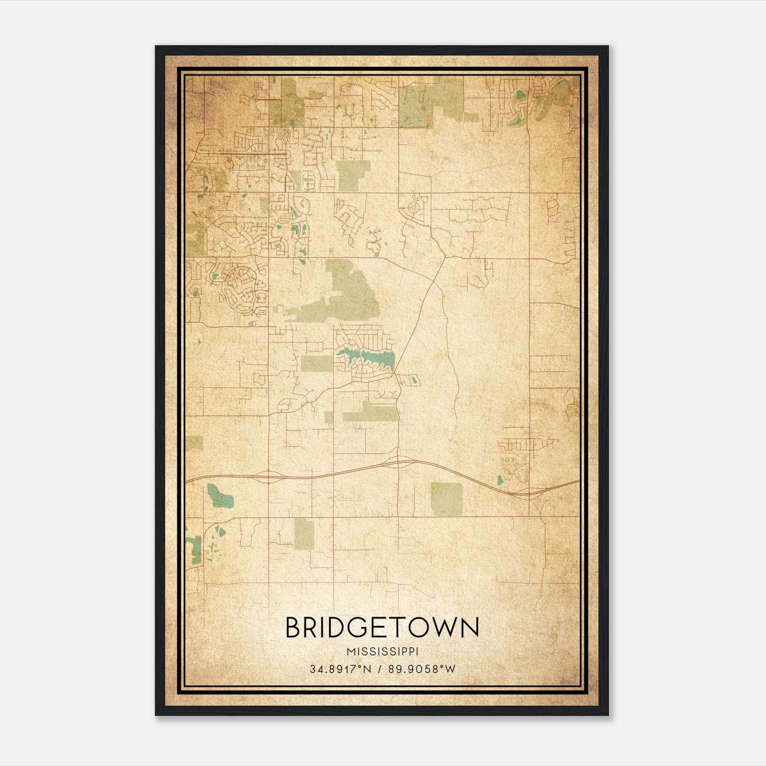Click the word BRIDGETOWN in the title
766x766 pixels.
pos(382,628)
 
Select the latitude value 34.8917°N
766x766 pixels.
pos(340,669)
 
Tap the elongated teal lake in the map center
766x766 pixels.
pos(369,357)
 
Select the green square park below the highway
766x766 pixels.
pos(446,499)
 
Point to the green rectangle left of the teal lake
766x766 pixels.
pos(316,364)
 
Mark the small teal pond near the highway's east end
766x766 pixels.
pos(500,480)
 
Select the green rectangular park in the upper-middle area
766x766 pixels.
pos(353,175)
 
